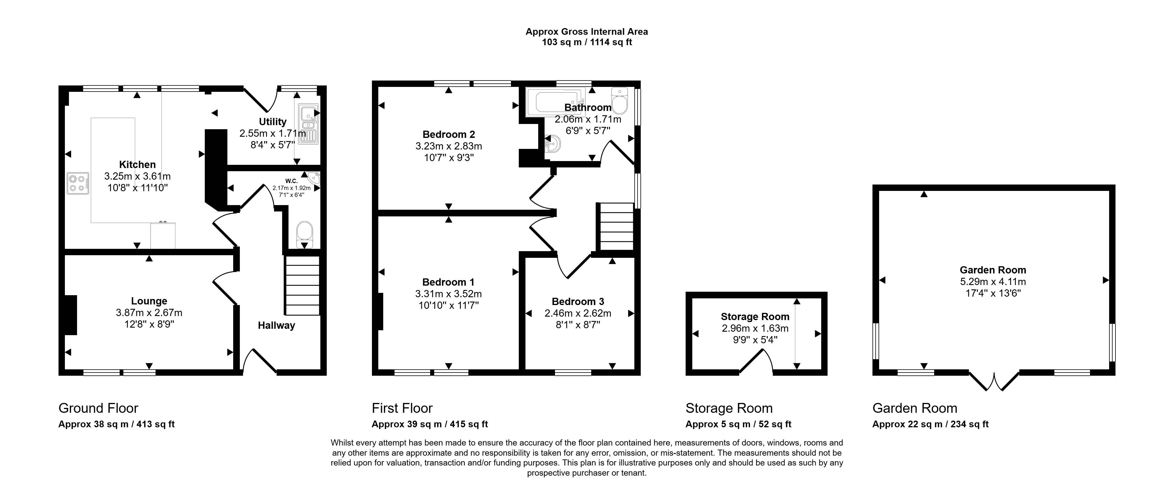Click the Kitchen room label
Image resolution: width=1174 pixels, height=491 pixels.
point(137,165)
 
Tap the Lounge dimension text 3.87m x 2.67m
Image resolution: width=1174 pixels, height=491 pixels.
point(149,313)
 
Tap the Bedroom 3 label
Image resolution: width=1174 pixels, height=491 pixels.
point(578,302)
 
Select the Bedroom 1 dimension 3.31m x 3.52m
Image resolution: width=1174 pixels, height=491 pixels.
point(448,294)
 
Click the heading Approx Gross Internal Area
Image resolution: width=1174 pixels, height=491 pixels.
point(587,32)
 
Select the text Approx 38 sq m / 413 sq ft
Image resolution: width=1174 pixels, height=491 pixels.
point(117,424)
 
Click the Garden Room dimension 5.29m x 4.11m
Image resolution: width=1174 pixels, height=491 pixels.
point(993,282)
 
